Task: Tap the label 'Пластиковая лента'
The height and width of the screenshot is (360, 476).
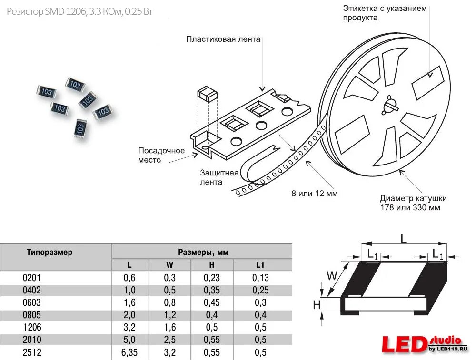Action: pyautogui.click(x=223, y=39)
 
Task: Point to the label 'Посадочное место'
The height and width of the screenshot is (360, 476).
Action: pyautogui.click(x=161, y=155)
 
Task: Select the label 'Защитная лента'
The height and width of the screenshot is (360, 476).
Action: pyautogui.click(x=218, y=177)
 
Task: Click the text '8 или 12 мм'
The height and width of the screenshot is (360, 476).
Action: pyautogui.click(x=315, y=193)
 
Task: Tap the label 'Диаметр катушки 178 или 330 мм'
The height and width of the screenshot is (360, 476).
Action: pyautogui.click(x=413, y=203)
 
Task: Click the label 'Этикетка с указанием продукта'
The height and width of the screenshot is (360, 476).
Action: pyautogui.click(x=385, y=13)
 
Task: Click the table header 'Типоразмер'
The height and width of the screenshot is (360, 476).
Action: pyautogui.click(x=50, y=252)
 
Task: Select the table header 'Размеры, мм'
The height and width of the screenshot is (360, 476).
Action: pyautogui.click(x=203, y=252)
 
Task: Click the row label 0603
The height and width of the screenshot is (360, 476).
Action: pyautogui.click(x=32, y=302)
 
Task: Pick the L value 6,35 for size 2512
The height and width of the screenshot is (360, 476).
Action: pyautogui.click(x=129, y=352)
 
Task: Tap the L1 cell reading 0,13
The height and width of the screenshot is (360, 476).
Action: pyautogui.click(x=260, y=278)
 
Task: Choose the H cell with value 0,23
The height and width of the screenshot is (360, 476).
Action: pyautogui.click(x=212, y=278)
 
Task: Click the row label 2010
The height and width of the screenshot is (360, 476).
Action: pyautogui.click(x=32, y=340)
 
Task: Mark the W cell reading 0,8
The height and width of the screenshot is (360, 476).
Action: pyautogui.click(x=170, y=302)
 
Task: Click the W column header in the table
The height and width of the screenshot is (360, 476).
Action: pyautogui.click(x=170, y=265)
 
